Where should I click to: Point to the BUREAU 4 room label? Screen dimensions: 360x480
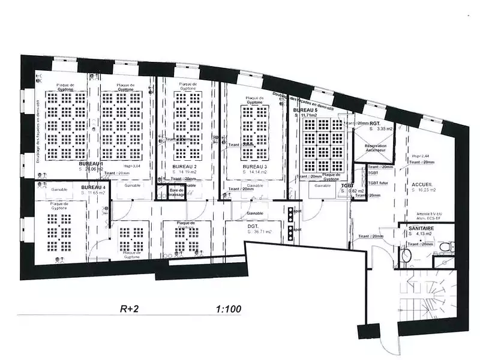(x=93, y=187)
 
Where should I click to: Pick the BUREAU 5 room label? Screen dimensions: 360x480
(x=305, y=111)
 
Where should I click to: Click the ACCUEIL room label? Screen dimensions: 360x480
(x=422, y=184)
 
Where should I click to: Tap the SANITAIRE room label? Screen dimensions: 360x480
(x=421, y=229)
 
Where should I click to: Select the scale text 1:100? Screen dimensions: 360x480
(x=228, y=310)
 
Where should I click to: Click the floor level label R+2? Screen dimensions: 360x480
(x=130, y=310)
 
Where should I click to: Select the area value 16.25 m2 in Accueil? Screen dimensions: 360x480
(x=424, y=190)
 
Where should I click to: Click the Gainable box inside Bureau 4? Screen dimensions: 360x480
(x=59, y=188)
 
